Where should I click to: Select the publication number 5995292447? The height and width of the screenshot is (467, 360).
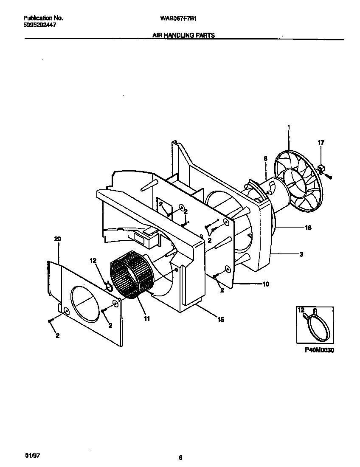click(x=39, y=25)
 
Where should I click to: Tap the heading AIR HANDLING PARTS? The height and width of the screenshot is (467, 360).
click(x=183, y=36)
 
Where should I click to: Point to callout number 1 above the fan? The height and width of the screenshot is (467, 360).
click(x=288, y=127)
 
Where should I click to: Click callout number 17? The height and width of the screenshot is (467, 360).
click(x=321, y=143)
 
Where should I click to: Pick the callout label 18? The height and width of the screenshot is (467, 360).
click(x=308, y=228)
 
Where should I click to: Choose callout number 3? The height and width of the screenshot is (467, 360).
click(x=301, y=254)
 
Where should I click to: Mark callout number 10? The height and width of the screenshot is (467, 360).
click(x=266, y=284)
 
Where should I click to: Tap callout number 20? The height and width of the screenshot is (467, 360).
click(x=58, y=239)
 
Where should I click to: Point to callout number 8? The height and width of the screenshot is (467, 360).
click(x=265, y=158)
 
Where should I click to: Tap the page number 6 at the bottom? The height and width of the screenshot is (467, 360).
click(x=180, y=458)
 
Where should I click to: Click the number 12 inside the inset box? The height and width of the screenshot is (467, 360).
click(x=301, y=311)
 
